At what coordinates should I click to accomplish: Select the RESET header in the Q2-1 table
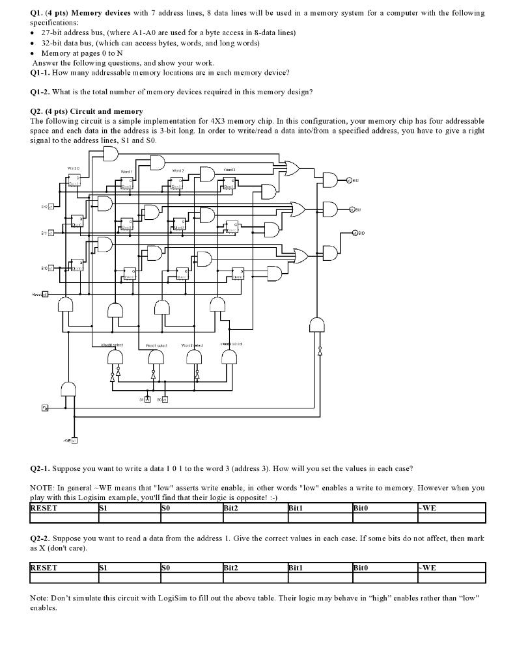click(44, 508)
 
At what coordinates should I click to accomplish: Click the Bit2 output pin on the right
click(349, 180)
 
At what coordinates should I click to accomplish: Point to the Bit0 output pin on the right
click(355, 232)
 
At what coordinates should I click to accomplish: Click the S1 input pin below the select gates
click(148, 399)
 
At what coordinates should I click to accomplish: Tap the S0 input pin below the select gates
click(165, 399)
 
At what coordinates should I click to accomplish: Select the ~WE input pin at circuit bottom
click(74, 440)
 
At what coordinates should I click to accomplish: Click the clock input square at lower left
click(45, 408)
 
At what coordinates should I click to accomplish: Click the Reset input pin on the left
click(45, 295)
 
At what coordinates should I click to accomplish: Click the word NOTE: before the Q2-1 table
click(42, 488)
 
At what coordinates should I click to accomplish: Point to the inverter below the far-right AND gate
click(319, 351)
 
